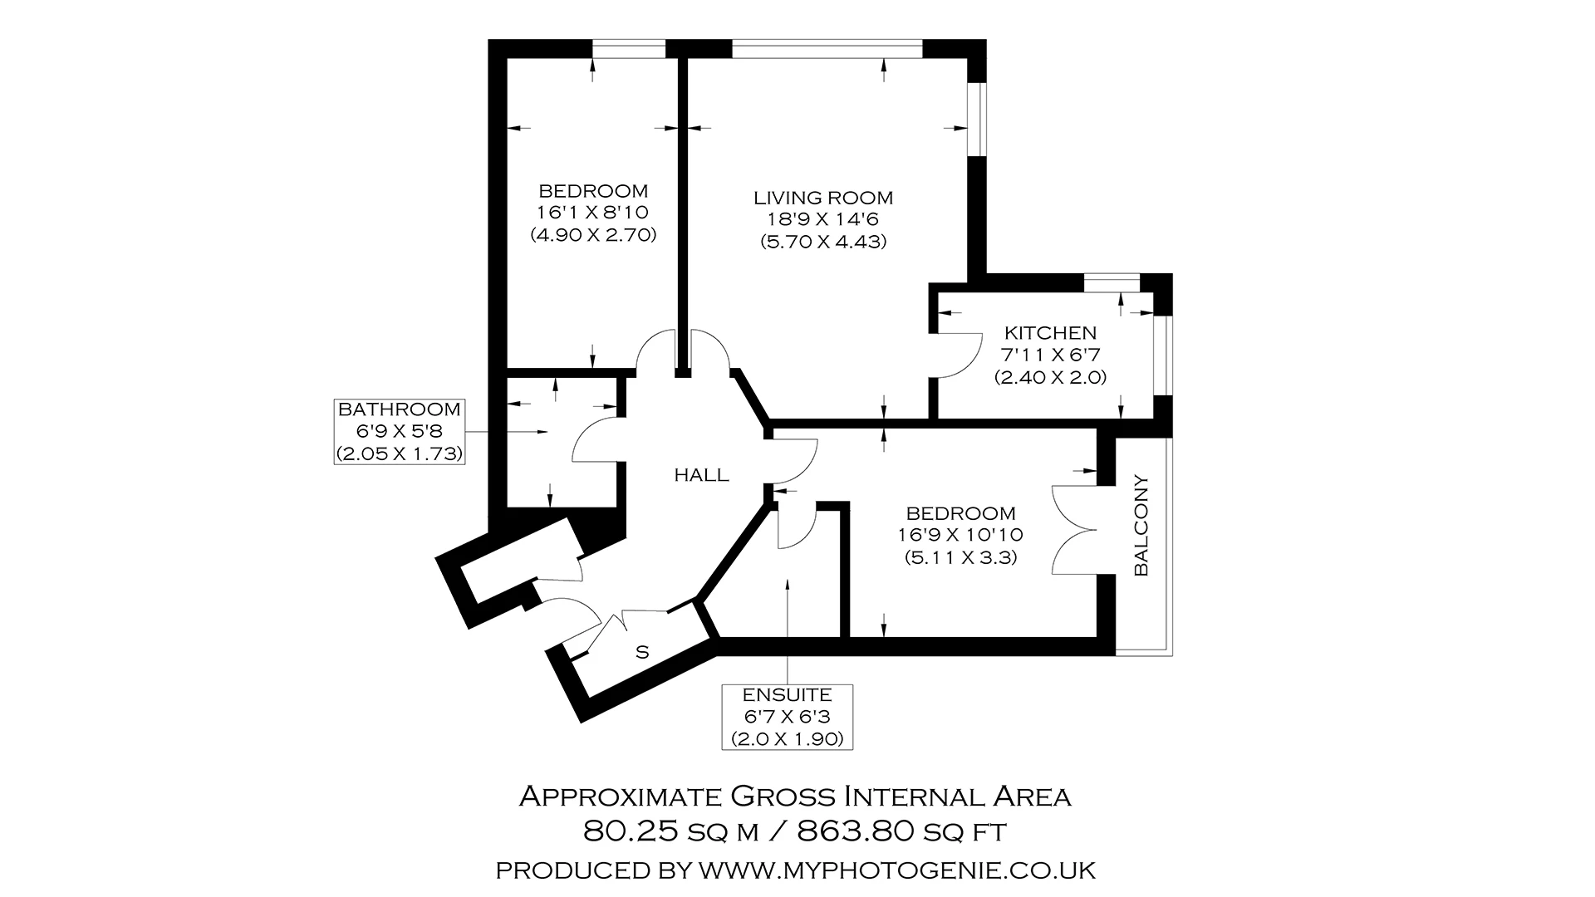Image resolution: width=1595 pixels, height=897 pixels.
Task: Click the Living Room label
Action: [823, 198]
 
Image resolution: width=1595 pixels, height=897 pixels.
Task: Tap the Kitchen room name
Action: [1050, 333]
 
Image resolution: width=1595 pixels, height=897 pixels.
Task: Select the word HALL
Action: [701, 475]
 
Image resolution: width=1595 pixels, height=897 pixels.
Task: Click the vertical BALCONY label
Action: [1141, 525]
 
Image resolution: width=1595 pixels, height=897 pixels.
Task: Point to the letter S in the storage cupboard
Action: [642, 652]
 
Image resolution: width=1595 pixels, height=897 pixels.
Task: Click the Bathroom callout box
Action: [399, 431]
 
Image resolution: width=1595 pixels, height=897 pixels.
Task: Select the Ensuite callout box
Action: [787, 717]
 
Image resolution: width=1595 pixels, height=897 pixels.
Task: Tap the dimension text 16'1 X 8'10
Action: [593, 213]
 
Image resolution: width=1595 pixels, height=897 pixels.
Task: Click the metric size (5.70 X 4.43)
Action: [823, 242]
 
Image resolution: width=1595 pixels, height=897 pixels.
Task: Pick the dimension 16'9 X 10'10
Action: [960, 535]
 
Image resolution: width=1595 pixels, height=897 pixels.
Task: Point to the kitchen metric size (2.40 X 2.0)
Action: [1050, 377]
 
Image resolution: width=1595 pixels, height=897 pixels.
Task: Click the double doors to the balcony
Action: [1074, 530]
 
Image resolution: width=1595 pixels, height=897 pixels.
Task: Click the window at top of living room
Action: [827, 49]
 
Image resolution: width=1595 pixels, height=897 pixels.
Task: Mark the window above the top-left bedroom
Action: [629, 49]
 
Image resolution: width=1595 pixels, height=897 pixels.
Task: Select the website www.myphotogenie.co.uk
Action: [897, 870]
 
